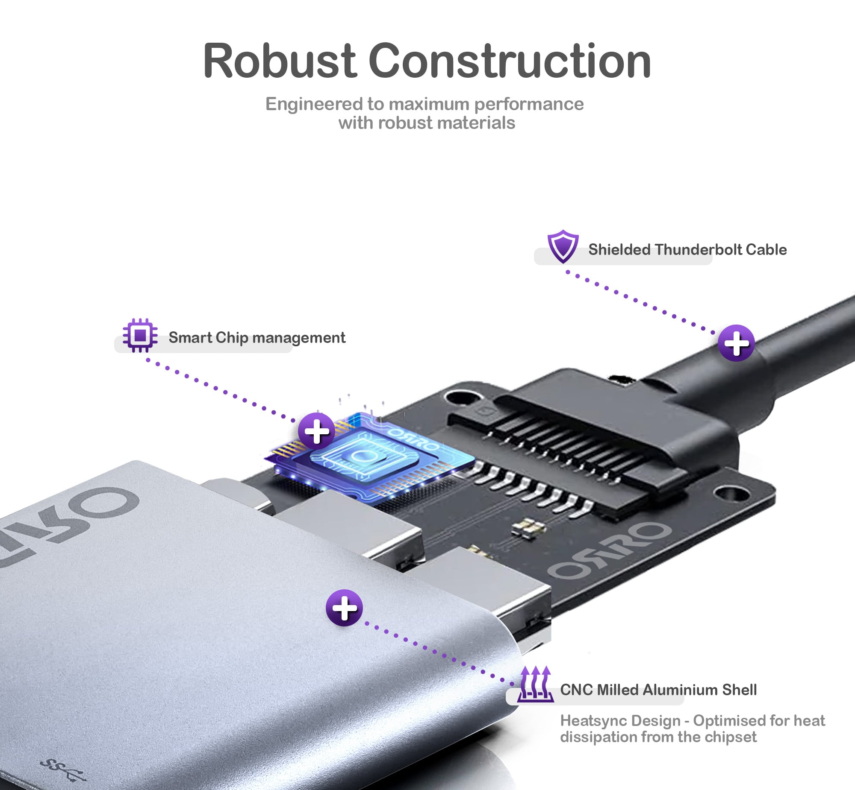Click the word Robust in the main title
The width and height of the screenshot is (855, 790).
tap(280, 61)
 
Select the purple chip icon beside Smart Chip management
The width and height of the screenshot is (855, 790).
tap(140, 335)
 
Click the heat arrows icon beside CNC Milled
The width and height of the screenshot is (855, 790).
tap(535, 684)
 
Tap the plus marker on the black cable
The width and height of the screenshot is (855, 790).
tap(736, 343)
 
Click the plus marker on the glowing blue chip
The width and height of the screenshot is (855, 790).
tap(317, 431)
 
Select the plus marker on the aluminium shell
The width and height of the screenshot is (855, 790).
tap(344, 608)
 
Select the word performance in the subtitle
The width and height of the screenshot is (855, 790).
tap(528, 104)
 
